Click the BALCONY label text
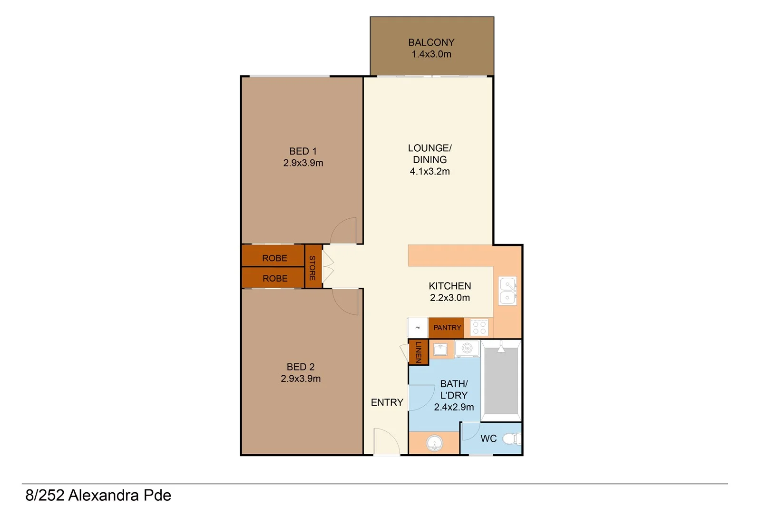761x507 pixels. (431, 42)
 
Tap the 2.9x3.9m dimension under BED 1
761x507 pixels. (303, 163)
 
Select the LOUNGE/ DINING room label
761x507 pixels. (429, 154)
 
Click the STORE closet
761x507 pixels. (313, 267)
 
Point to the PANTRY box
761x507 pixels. (446, 328)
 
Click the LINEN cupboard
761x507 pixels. (419, 352)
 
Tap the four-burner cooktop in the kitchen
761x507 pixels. (479, 328)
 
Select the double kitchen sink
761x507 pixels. (507, 291)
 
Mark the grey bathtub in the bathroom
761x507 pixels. (501, 380)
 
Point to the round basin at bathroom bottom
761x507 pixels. (434, 444)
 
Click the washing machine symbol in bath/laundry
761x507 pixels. (467, 349)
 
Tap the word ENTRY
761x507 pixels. (387, 402)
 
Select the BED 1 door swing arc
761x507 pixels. (343, 231)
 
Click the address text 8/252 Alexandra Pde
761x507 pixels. (98, 495)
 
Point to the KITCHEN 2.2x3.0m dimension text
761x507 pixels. (449, 298)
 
